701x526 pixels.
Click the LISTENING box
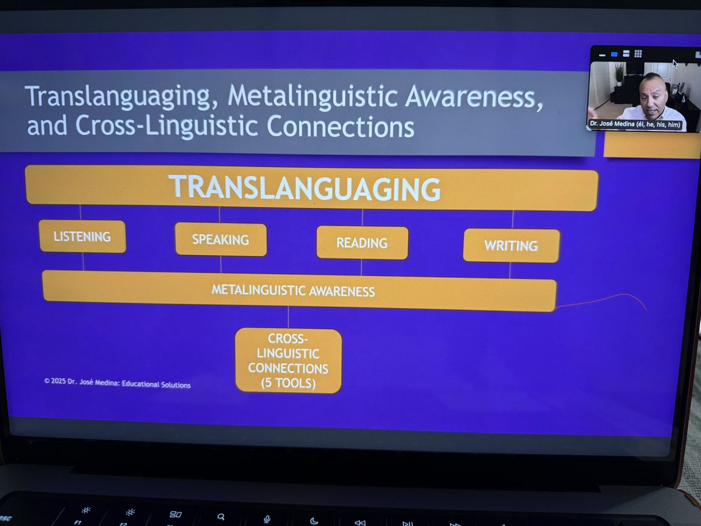click(x=82, y=236)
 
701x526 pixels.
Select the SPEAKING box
click(x=221, y=240)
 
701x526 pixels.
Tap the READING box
click(x=362, y=243)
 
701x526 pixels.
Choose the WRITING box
click(x=511, y=245)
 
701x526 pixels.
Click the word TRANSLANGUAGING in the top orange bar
click(x=304, y=188)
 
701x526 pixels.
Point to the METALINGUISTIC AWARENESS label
click(x=293, y=290)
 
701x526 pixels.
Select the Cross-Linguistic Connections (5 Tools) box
click(x=289, y=361)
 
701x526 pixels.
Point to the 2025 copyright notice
click(x=117, y=383)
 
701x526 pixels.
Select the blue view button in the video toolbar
click(x=614, y=54)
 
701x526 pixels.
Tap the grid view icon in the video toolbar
click(x=638, y=54)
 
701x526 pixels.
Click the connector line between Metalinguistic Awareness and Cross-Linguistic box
click(x=289, y=319)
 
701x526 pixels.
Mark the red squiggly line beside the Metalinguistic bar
click(x=602, y=300)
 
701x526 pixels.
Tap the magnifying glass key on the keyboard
click(x=221, y=517)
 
